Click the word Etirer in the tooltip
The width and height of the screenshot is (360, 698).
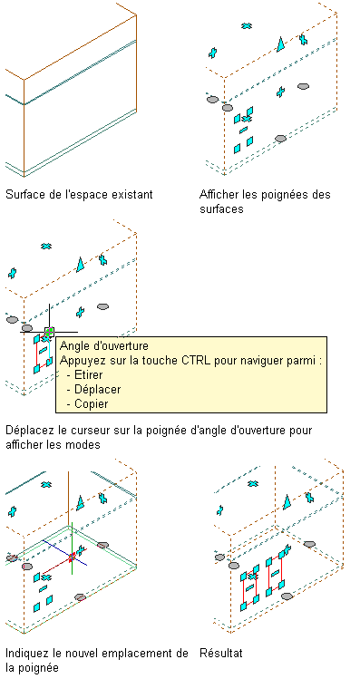click(89, 374)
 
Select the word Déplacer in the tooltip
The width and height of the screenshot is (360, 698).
click(98, 390)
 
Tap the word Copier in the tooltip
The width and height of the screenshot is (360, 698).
click(92, 404)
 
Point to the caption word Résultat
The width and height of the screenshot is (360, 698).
click(221, 653)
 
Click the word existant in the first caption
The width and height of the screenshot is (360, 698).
click(133, 195)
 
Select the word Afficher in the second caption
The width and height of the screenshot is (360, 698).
click(219, 195)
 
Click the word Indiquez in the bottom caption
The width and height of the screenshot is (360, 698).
click(26, 654)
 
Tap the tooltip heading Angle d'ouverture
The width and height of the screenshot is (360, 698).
click(103, 346)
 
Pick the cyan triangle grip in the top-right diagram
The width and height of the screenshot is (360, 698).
click(281, 44)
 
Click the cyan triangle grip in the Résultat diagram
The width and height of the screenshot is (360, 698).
click(287, 501)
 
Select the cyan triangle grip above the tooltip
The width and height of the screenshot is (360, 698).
click(80, 265)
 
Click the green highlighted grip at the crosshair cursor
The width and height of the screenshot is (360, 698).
click(50, 331)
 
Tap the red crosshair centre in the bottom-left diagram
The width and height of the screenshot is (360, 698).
click(73, 557)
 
